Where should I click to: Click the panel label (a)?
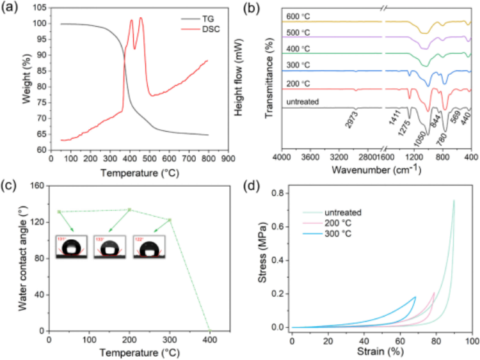click(x=12, y=8)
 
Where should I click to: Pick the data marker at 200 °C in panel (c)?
click(x=129, y=210)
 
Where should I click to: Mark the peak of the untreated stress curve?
click(x=454, y=201)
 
